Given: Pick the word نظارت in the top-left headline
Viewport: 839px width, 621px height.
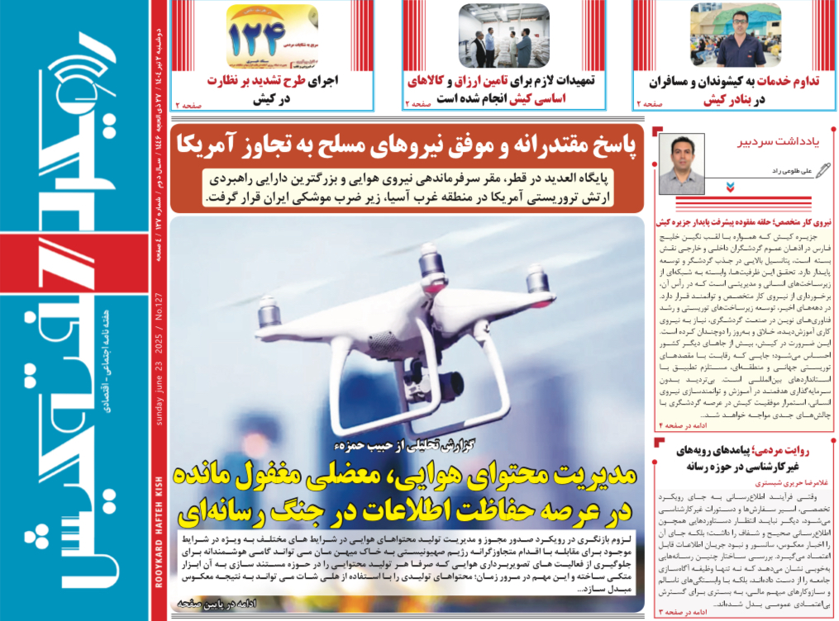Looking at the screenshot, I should click(317, 82).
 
